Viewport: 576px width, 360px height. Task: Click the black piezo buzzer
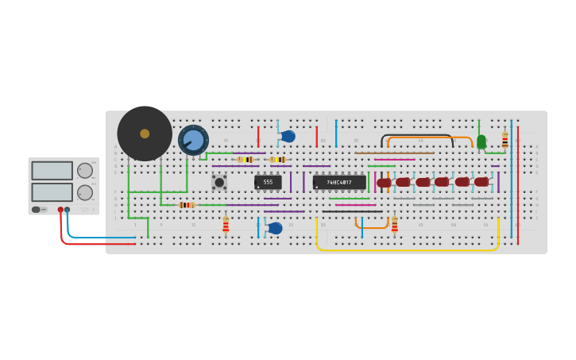145,134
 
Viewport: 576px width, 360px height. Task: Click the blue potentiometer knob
193,141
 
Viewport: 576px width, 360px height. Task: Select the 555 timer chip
268,182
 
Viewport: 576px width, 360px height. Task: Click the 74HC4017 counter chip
339,182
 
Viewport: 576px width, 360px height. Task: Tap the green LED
481,141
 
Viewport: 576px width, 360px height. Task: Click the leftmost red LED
385,183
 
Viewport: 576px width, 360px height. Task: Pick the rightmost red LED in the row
481,182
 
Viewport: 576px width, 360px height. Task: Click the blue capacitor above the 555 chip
288,137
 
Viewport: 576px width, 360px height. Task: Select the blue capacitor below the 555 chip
275,228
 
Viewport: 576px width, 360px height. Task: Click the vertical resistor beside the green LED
504,141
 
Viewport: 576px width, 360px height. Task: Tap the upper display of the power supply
52,170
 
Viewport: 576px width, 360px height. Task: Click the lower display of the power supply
52,192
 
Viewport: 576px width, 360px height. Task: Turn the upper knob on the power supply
84,170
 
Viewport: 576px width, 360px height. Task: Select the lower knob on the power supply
84,192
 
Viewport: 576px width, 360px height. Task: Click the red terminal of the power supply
60,210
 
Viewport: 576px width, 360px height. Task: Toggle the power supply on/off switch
36,210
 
